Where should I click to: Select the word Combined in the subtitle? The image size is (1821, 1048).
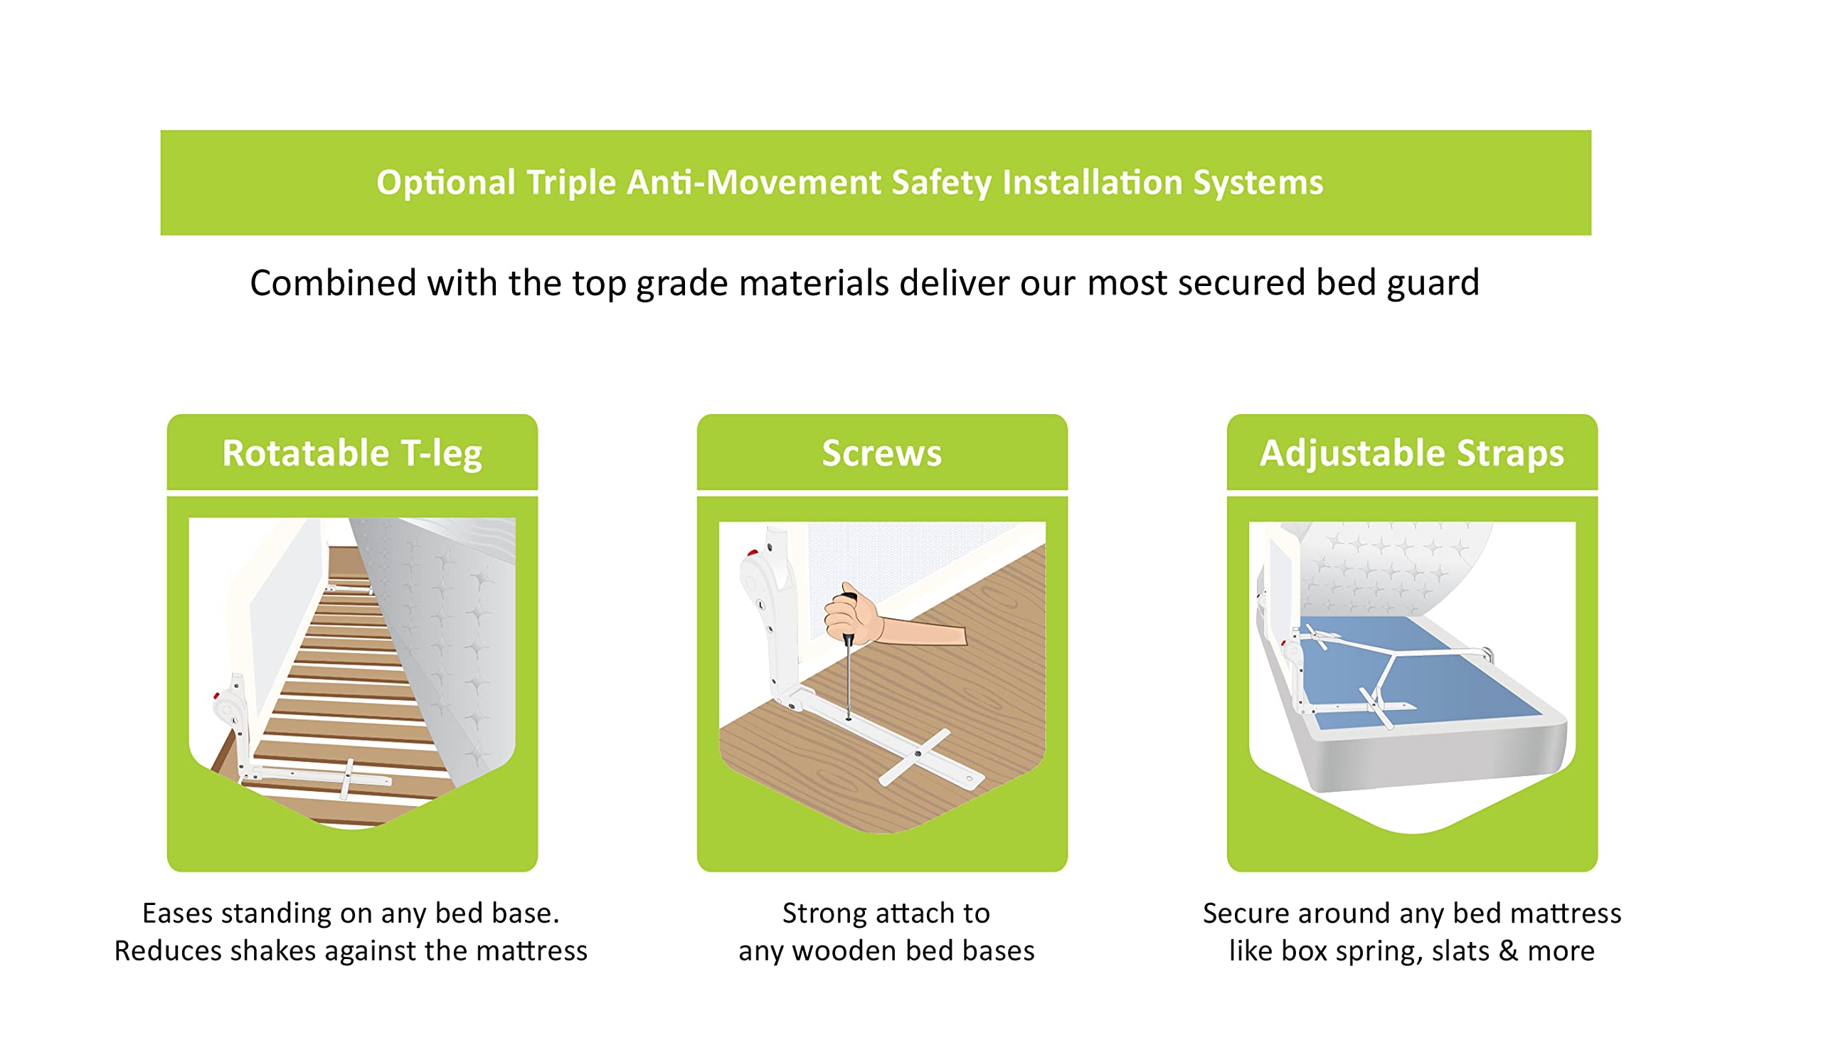[x=332, y=282]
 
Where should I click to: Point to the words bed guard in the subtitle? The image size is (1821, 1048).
[x=1397, y=284]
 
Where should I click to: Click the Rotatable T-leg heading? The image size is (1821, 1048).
[x=352, y=453]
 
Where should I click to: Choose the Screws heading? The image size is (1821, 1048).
[x=881, y=453]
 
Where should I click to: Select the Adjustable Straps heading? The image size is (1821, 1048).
[x=1411, y=454]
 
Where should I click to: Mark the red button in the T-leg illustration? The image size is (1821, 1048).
[x=215, y=695]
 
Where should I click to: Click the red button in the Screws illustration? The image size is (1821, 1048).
[x=752, y=553]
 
